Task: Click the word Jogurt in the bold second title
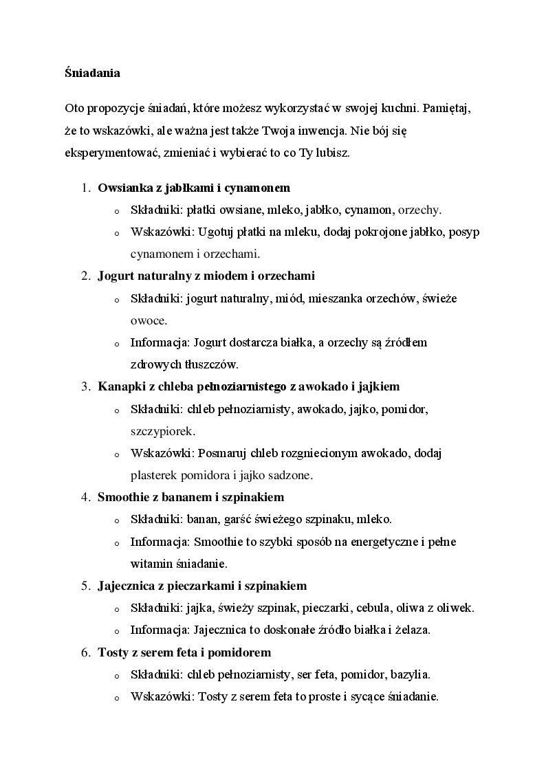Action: pyautogui.click(x=113, y=276)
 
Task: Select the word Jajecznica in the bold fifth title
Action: pyautogui.click(x=126, y=586)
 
